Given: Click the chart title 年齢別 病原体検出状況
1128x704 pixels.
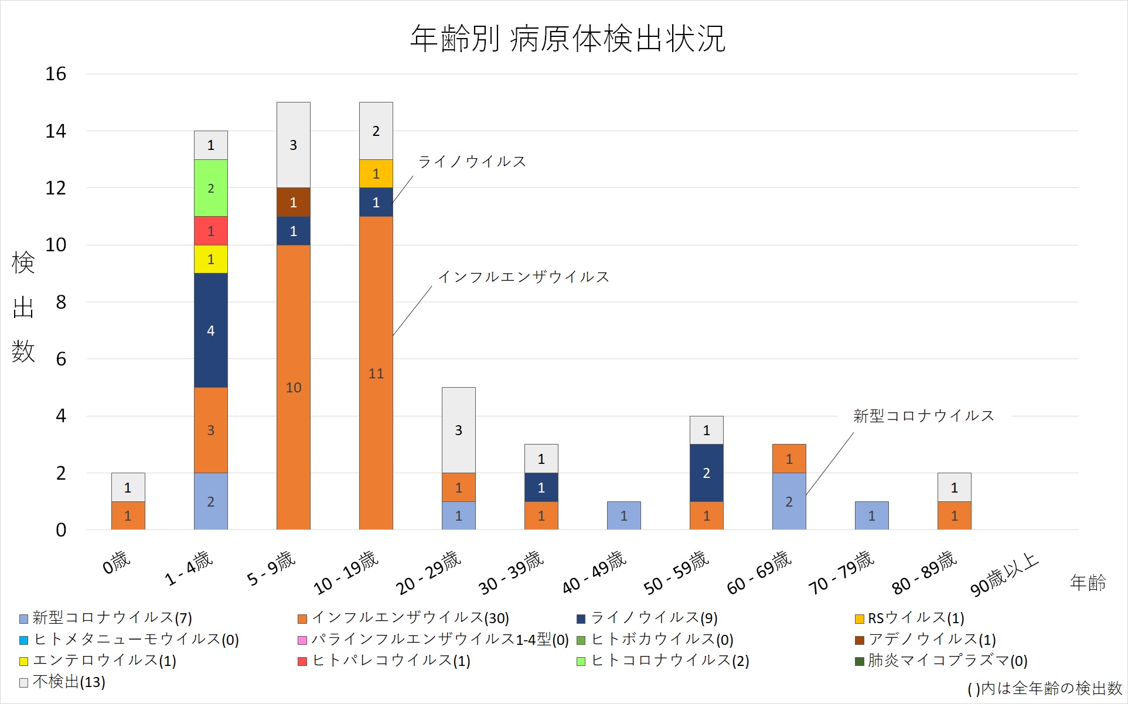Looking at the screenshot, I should (567, 39).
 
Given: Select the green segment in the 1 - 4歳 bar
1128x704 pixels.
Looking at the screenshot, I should (210, 188).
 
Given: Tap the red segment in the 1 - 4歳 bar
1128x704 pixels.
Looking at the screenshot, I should (210, 231).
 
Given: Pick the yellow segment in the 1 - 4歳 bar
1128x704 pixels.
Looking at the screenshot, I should (210, 259).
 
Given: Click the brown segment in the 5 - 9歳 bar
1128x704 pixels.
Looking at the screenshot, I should (293, 202).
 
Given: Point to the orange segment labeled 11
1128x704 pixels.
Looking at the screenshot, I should (376, 373).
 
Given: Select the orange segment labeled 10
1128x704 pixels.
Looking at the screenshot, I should (293, 387).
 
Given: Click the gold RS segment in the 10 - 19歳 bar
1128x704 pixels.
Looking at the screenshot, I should (376, 173).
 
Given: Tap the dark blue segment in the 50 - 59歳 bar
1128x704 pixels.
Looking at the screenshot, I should (706, 473).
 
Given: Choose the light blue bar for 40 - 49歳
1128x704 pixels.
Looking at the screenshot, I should (623, 515).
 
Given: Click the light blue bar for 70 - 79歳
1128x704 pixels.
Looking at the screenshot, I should (871, 515).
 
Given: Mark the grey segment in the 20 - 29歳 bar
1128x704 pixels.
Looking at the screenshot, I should (458, 430).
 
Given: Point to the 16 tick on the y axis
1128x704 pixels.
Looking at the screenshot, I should (56, 74).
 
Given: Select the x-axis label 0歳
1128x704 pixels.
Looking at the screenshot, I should (116, 562).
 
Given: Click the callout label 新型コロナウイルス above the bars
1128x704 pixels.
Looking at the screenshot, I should (923, 416).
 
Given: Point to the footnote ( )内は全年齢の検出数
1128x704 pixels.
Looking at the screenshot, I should (1044, 688).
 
